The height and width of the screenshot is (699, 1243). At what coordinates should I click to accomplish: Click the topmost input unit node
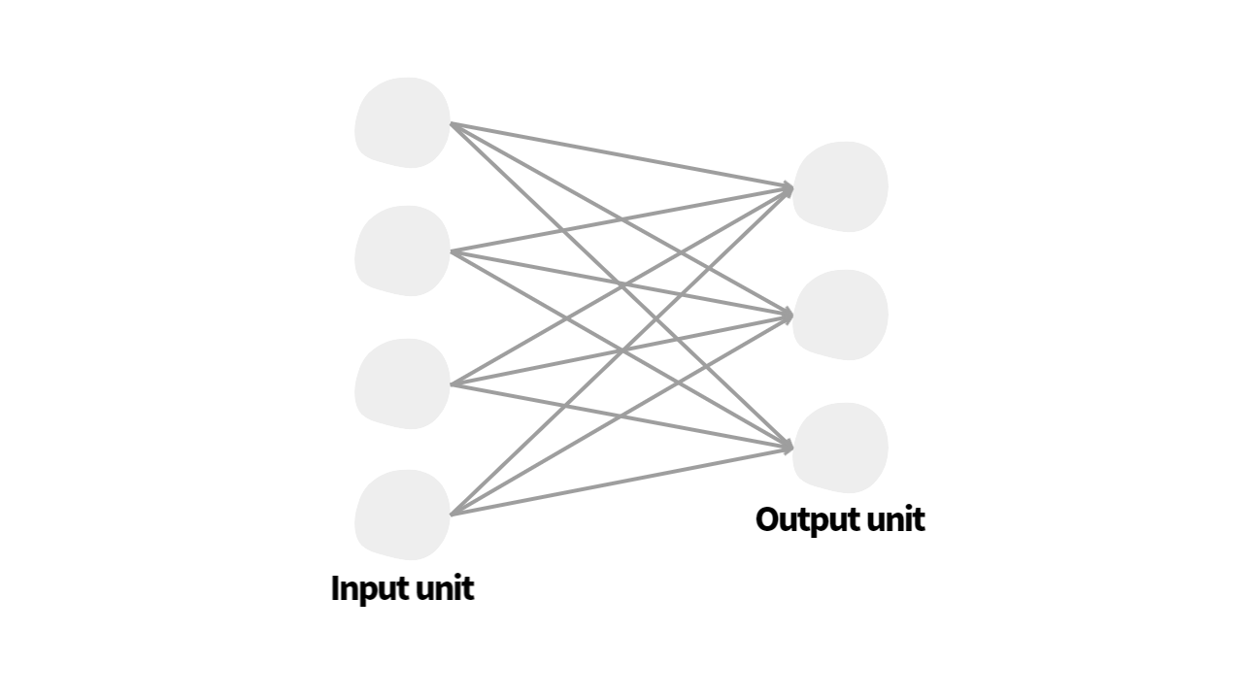pyautogui.click(x=402, y=123)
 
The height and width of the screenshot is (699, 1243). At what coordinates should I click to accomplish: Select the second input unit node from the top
pyautogui.click(x=402, y=250)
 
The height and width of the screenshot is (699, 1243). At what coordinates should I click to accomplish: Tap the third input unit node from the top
pyautogui.click(x=402, y=383)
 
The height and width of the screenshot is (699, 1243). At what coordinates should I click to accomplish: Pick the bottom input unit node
pyautogui.click(x=402, y=515)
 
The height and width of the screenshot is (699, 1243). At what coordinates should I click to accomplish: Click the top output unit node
pyautogui.click(x=840, y=186)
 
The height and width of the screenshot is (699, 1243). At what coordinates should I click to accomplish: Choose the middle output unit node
pyautogui.click(x=840, y=315)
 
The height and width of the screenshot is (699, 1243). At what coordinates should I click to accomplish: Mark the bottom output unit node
pyautogui.click(x=840, y=448)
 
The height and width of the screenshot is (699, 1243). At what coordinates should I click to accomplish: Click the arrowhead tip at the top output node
pyautogui.click(x=791, y=186)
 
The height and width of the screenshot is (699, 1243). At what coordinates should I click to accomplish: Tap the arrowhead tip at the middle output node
pyautogui.click(x=791, y=315)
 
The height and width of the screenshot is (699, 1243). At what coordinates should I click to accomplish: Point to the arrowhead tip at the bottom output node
pyautogui.click(x=791, y=447)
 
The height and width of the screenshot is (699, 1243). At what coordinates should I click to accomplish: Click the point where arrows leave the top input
pyautogui.click(x=453, y=124)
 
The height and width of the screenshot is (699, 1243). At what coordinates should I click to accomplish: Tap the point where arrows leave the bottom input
pyautogui.click(x=453, y=514)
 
